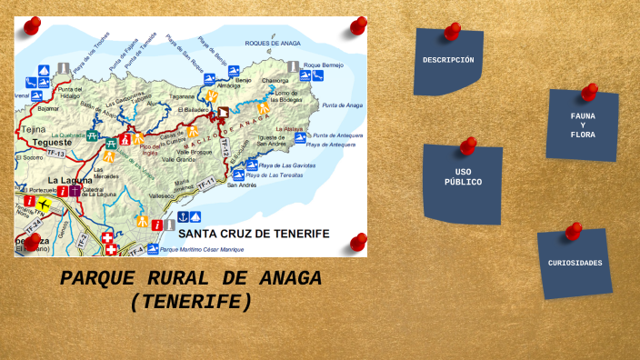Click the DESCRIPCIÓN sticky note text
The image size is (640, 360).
click(448, 60)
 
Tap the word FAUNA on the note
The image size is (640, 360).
click(583, 116)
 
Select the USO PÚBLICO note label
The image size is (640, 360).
click(463, 176)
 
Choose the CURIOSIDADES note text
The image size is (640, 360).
click(575, 263)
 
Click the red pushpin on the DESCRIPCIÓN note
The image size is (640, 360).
click(452, 32)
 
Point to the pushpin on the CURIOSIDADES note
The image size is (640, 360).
click(573, 231)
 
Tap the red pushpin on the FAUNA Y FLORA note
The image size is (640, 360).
click(589, 91)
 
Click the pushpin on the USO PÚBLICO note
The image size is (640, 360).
click(468, 145)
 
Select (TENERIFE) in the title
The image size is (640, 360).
click(191, 301)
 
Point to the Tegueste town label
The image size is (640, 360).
click(51, 143)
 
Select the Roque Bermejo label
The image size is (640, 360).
click(325, 65)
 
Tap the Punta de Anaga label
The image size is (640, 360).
click(342, 105)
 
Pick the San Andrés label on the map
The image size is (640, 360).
click(242, 185)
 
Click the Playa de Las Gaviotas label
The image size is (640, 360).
click(287, 165)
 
